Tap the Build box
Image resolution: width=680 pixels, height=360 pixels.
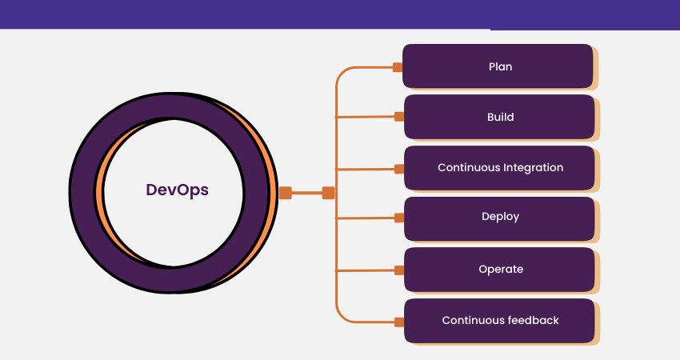click(499, 117)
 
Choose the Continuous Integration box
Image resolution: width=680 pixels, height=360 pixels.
click(499, 168)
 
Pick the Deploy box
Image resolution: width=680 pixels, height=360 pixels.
click(499, 218)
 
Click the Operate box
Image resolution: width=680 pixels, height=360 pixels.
click(499, 270)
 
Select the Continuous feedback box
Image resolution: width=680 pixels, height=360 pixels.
click(499, 321)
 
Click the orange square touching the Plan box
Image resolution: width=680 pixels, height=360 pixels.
click(398, 67)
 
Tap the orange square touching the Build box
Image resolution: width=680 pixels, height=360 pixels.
click(399, 117)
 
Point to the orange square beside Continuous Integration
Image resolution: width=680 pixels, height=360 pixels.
click(399, 168)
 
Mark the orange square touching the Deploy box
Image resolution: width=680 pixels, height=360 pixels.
click(399, 218)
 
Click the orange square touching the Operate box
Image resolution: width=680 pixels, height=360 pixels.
click(399, 270)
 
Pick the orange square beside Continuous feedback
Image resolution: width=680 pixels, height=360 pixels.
click(399, 322)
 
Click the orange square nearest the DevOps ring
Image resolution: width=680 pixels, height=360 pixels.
click(286, 193)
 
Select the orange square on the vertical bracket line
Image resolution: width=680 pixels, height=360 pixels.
click(328, 193)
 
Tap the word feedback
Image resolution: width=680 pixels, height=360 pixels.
click(533, 321)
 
